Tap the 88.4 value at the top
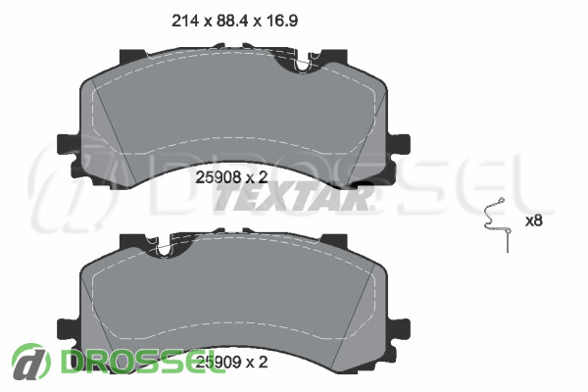232,21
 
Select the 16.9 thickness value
282,21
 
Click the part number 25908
219,177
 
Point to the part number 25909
219,362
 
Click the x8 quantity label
534,220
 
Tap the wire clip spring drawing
496,225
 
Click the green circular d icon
30,362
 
